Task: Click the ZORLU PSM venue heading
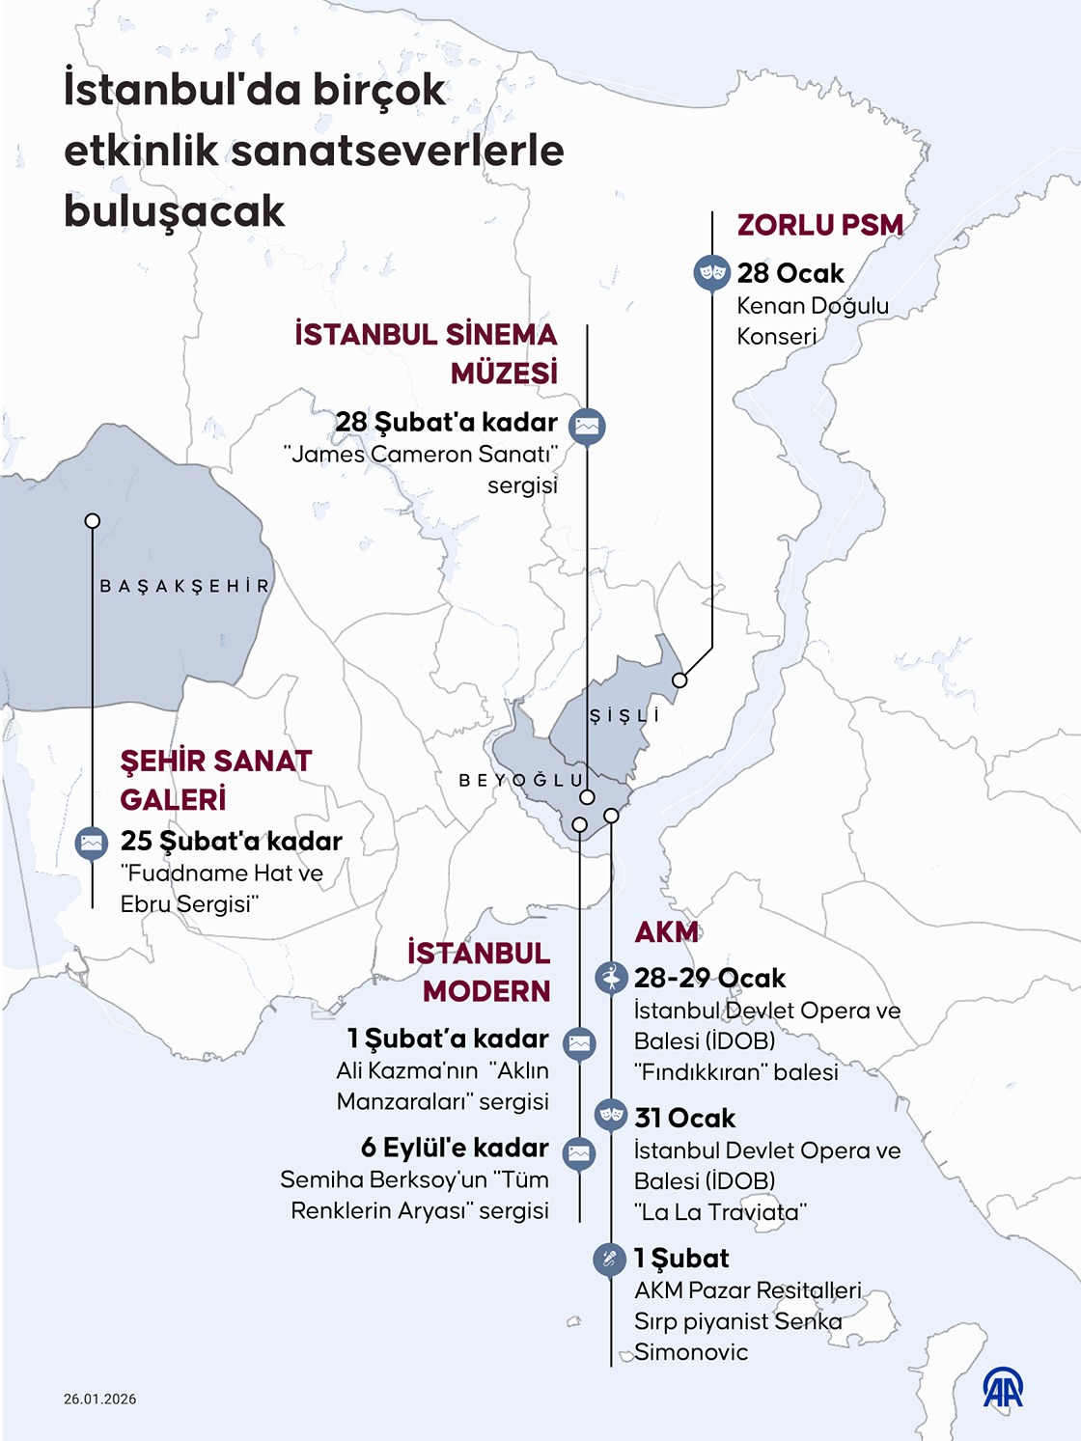click(x=819, y=225)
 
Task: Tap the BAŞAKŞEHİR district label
click(x=184, y=586)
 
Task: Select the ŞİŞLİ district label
click(x=624, y=715)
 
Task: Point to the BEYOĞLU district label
click(x=521, y=780)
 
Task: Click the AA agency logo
click(x=1003, y=1389)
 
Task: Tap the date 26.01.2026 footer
click(x=100, y=1399)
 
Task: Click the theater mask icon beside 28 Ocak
click(x=711, y=273)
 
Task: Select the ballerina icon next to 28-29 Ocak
click(x=611, y=978)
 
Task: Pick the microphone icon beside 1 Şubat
click(x=609, y=1259)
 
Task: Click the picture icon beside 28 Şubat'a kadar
click(x=587, y=425)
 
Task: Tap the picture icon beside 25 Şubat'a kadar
click(x=92, y=843)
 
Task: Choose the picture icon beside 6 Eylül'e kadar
click(x=579, y=1152)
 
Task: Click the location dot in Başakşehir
click(x=93, y=521)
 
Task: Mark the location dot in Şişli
click(x=679, y=680)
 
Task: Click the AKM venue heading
click(x=666, y=932)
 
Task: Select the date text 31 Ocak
click(x=684, y=1119)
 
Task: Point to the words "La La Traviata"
click(x=720, y=1212)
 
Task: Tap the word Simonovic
click(x=690, y=1352)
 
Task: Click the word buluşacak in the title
click(x=175, y=211)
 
